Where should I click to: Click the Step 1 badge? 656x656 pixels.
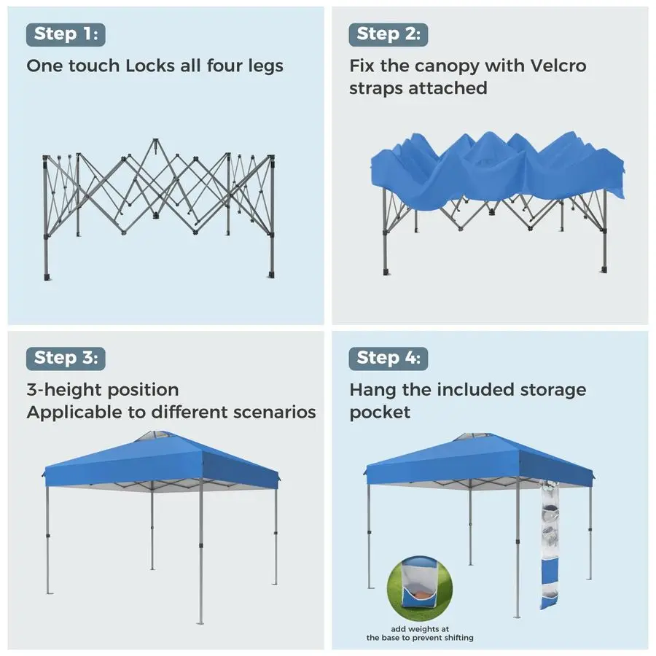tap(66, 34)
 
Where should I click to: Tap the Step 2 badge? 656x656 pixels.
tap(388, 34)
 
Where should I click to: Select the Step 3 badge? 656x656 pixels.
tap(66, 359)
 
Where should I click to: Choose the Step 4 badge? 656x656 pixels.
tap(388, 359)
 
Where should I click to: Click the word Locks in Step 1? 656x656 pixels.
tap(150, 66)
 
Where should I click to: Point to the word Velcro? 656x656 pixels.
tap(558, 66)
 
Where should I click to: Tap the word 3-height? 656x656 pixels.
tap(63, 391)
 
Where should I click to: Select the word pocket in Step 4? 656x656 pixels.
tap(380, 413)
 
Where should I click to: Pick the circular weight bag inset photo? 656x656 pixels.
tap(420, 588)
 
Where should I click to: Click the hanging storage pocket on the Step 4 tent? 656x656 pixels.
tap(549, 545)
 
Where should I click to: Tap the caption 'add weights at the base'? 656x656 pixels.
tap(420, 633)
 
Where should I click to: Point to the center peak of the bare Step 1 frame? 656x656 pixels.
tap(156, 141)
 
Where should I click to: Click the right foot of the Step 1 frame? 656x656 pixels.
tap(271, 275)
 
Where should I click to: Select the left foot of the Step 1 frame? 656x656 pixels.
tap(47, 277)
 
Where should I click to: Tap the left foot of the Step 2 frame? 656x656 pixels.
tap(386, 272)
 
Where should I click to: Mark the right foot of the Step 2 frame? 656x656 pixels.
tap(604, 269)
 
